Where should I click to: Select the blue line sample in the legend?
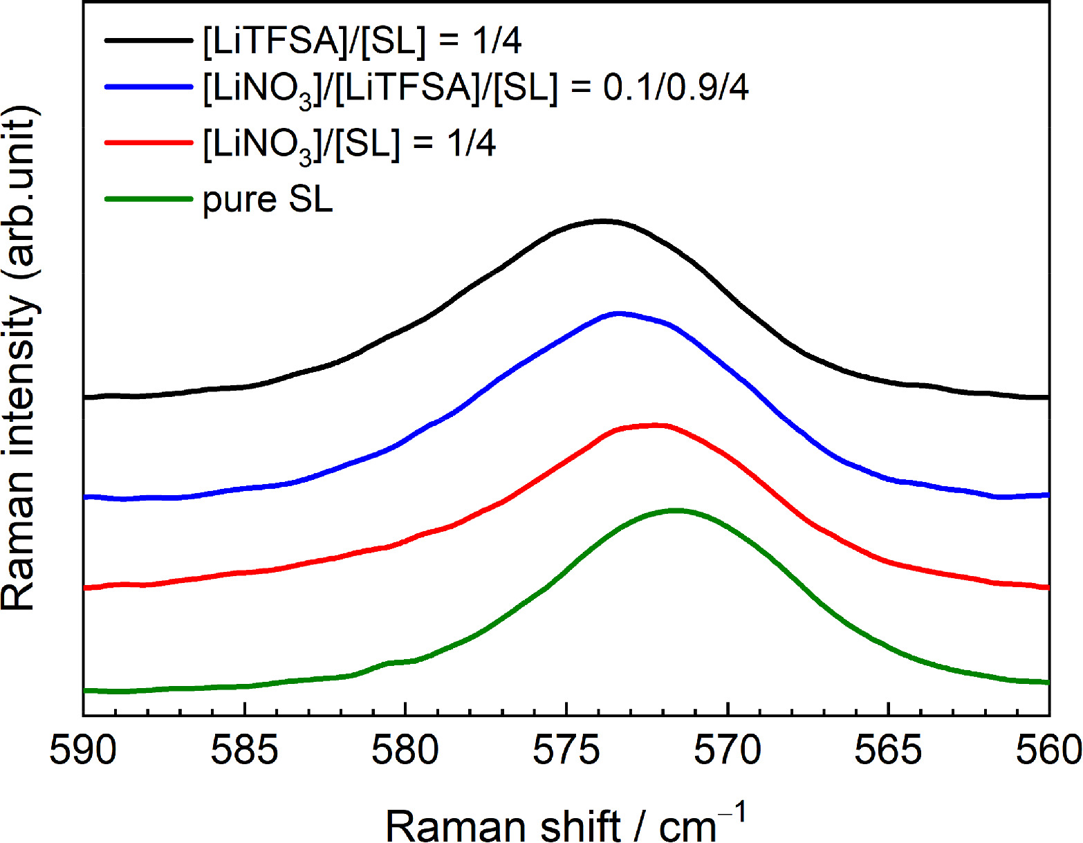148,87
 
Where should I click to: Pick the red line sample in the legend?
148,143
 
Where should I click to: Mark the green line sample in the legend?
148,200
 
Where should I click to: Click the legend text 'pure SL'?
268,200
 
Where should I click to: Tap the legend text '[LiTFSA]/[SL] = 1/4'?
362,41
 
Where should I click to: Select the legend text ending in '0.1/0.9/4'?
476,89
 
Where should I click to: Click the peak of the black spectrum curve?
602,221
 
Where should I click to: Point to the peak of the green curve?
674,510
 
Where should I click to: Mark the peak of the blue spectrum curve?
618,313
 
